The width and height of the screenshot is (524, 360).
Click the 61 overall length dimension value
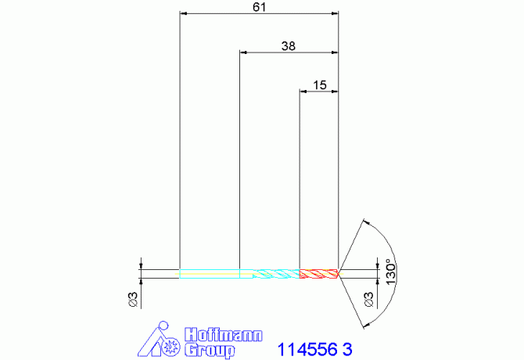(x=260, y=7)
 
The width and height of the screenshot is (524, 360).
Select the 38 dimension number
(x=289, y=46)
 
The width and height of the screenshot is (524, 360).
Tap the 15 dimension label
(x=319, y=85)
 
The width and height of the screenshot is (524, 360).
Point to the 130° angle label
(x=391, y=272)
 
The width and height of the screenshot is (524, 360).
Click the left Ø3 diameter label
(x=133, y=299)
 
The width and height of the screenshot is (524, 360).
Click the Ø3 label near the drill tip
(x=368, y=299)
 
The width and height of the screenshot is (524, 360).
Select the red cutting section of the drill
(x=318, y=274)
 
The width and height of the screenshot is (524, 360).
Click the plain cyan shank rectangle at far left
(x=210, y=274)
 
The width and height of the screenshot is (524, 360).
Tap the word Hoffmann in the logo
(x=224, y=335)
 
